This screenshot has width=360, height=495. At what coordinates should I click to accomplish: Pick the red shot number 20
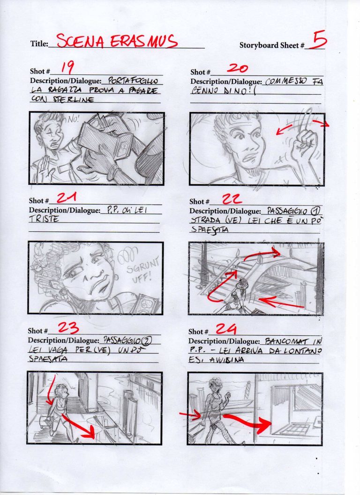[x=237, y=68]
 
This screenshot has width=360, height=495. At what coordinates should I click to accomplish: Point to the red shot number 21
[x=67, y=198]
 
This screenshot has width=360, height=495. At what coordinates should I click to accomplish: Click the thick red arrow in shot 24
[x=248, y=421]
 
